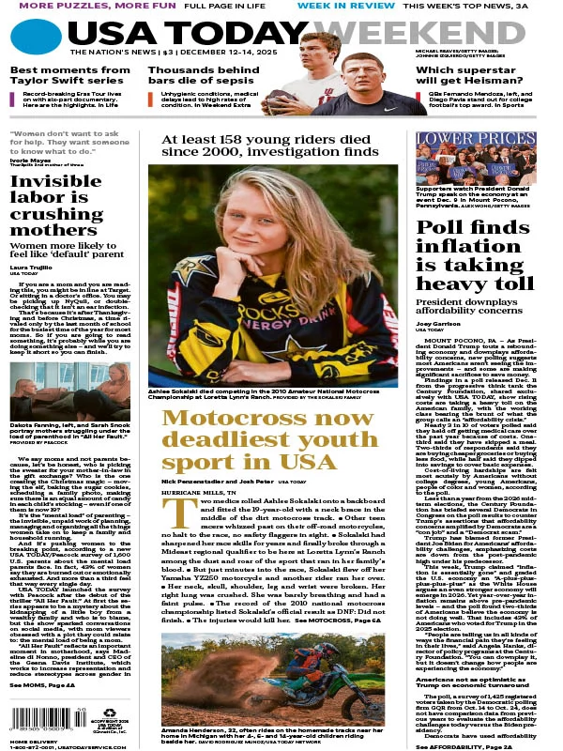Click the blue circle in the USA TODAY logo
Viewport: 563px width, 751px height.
pos(37,38)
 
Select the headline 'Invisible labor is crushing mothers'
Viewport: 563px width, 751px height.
pos(56,208)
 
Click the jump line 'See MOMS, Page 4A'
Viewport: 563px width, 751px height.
pos(43,686)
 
